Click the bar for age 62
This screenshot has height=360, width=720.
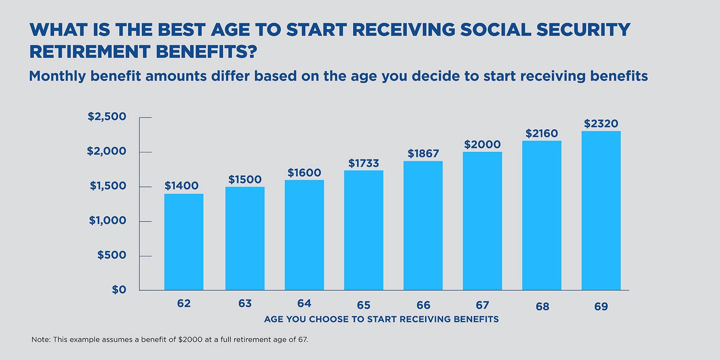pos(184,242)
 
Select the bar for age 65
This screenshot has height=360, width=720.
pos(364,230)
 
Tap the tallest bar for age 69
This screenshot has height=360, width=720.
pos(601,210)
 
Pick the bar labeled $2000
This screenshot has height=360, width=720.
pos(482,220)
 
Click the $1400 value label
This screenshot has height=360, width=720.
pos(181,186)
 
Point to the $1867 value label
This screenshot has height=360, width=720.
pos(423,154)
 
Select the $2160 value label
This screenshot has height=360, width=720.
pos(541,134)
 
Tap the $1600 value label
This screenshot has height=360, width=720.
pos(304,173)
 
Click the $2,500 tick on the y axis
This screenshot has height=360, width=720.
pos(107,117)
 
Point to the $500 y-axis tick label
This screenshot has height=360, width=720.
pos(112,255)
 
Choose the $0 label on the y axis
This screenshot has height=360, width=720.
pos(119,290)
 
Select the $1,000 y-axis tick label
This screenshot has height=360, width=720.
pos(108,220)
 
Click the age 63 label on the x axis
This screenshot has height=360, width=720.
pos(245,304)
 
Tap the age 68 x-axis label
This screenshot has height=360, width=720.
pos(542,306)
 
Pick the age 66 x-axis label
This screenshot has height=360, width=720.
pos(423,305)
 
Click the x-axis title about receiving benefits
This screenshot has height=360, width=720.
pos(381,319)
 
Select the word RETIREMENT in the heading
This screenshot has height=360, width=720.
pos(90,52)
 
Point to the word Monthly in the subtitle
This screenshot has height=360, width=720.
pos(57,76)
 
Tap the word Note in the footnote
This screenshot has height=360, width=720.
pos(40,340)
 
